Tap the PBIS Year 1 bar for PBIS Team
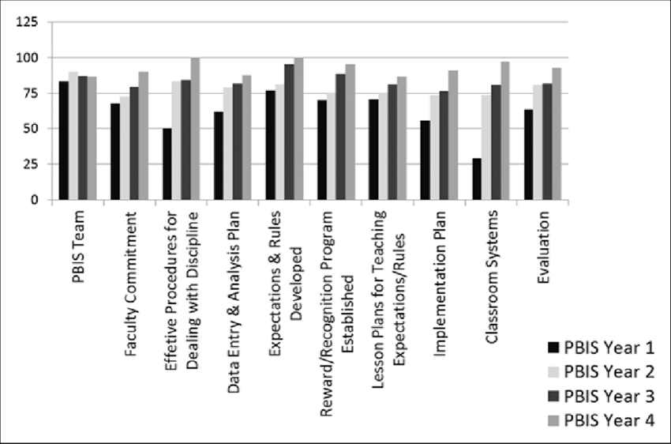point(63,141)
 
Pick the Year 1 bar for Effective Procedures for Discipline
point(167,164)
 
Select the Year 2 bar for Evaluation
point(536,142)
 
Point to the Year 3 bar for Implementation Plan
point(444,145)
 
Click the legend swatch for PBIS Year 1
point(554,348)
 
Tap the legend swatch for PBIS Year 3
point(554,397)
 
